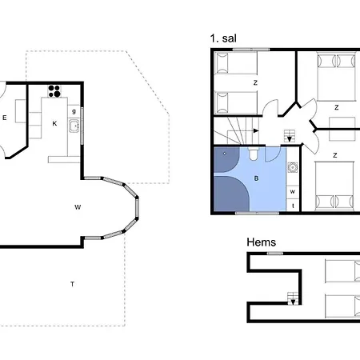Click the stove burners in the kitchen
[54, 91]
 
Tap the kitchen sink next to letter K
[74, 126]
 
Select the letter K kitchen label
[54, 123]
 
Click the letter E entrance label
[5, 118]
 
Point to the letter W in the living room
[78, 207]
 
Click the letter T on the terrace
[72, 284]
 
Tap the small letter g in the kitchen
[74, 111]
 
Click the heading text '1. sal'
[223, 38]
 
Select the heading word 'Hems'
[261, 242]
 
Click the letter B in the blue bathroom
[256, 178]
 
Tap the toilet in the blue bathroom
[254, 154]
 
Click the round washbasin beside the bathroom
[293, 167]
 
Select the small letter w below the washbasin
[293, 191]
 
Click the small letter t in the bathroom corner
[293, 206]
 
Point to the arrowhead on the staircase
[256, 130]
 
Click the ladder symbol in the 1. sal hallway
[290, 136]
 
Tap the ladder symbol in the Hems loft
[293, 298]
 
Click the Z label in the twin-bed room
[255, 83]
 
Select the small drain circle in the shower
[225, 154]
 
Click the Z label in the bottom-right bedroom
[335, 155]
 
